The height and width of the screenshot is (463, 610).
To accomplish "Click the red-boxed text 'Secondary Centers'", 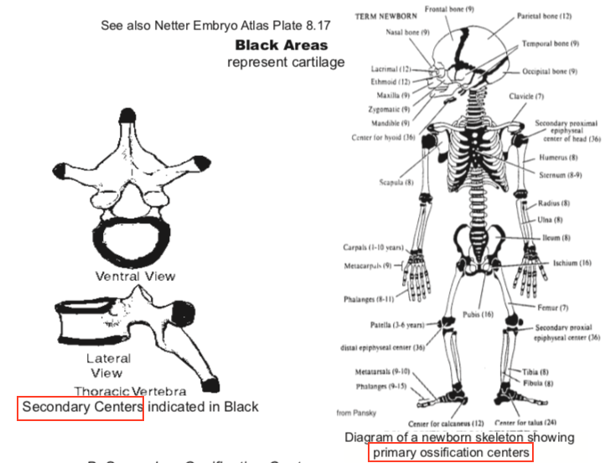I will (x=81, y=407).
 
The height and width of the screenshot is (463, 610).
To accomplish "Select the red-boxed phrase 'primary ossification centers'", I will (x=452, y=452).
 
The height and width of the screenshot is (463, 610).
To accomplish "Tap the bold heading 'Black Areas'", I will (x=282, y=45).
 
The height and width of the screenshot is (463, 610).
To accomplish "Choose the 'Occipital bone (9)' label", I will (x=550, y=72).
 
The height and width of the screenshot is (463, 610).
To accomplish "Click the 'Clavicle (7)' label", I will (x=526, y=96).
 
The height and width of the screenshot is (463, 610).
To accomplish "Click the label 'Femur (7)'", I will (x=551, y=308).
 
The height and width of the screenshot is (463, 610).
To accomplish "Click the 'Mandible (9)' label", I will (x=393, y=122).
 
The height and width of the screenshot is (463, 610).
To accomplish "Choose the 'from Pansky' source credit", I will (x=356, y=412).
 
